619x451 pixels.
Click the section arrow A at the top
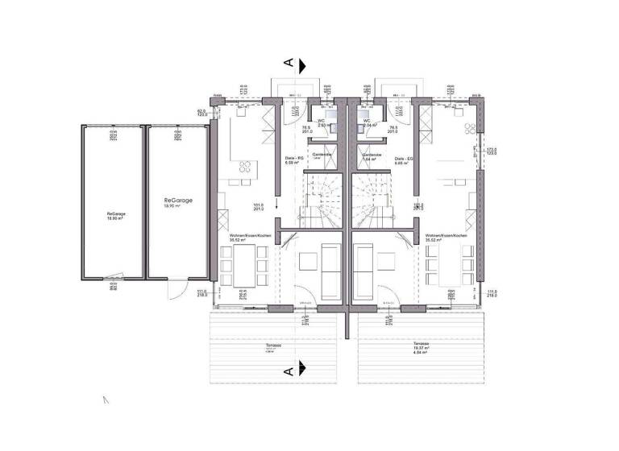(297, 64)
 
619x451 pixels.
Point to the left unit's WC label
(321, 121)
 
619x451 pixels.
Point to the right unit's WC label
(368, 121)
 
